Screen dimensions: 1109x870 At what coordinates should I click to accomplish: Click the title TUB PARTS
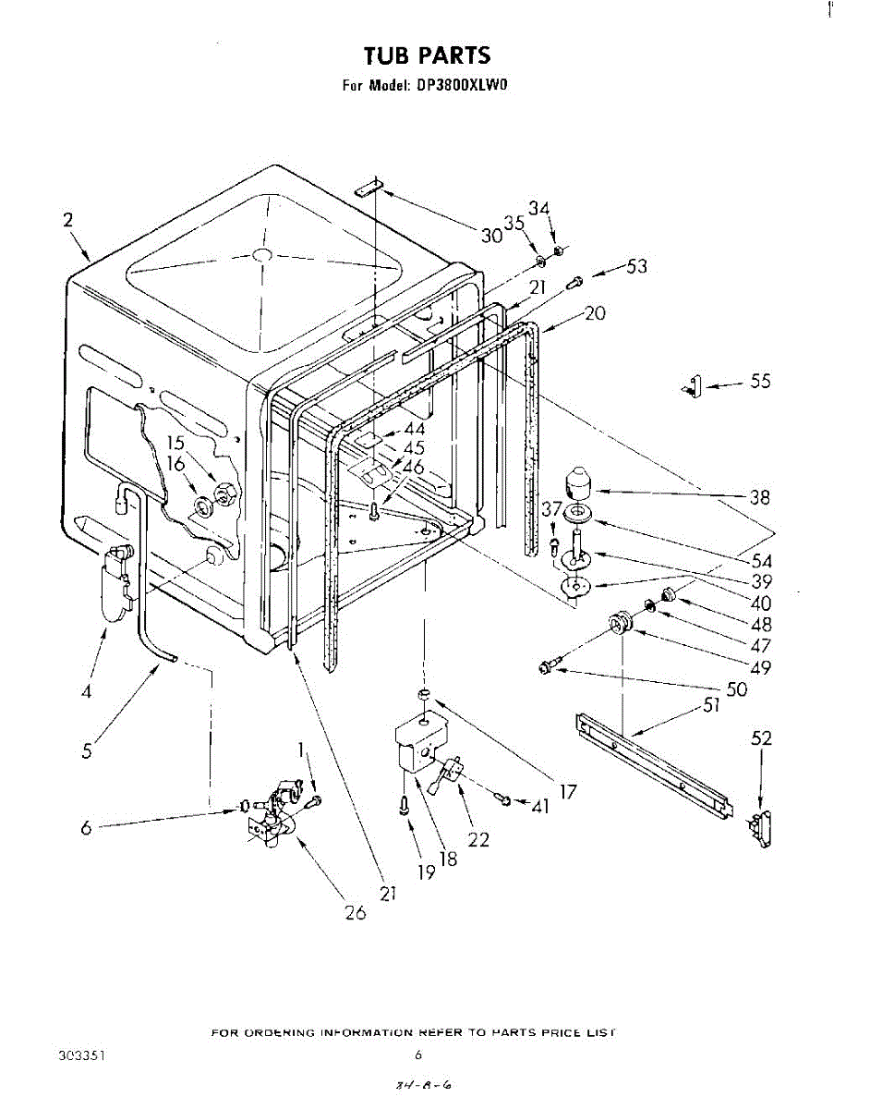[x=427, y=55]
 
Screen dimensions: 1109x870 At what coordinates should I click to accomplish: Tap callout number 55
[x=760, y=380]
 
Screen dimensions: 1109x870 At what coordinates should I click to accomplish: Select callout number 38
[x=759, y=497]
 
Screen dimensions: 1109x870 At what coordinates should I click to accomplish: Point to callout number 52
[x=761, y=738]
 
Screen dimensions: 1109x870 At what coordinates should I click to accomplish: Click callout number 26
[x=355, y=913]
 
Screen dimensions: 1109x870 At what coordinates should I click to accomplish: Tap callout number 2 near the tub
[x=67, y=220]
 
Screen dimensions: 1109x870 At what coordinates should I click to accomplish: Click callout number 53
[x=636, y=267]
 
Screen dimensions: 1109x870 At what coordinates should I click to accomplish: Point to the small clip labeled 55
[x=694, y=385]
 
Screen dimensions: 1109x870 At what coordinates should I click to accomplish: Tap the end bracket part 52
[x=761, y=826]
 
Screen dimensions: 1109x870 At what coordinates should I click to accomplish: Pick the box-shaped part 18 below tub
[x=419, y=743]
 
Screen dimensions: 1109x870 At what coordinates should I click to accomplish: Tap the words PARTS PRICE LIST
[x=560, y=1031]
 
